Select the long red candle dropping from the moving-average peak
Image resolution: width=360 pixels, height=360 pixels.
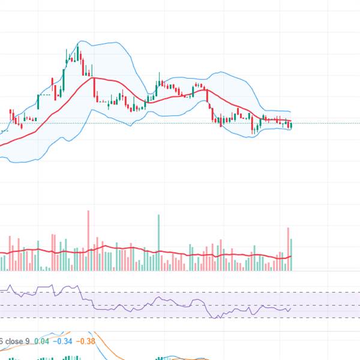95,88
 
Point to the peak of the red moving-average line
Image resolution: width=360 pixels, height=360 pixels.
92,77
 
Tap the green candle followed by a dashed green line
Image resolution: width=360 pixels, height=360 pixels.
39,101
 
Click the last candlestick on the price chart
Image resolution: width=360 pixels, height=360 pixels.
291,125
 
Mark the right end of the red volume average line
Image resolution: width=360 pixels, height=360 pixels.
291,256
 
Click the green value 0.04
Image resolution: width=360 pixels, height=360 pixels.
42,341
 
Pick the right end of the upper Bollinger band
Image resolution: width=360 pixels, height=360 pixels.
291,112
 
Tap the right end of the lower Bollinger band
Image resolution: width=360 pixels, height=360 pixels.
291,130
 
